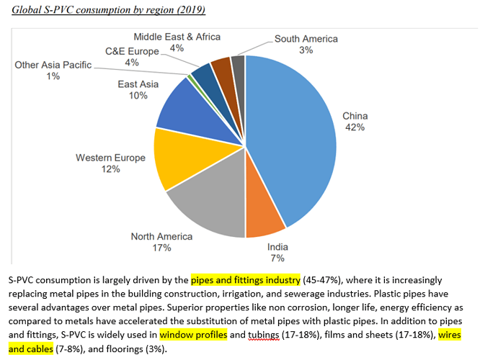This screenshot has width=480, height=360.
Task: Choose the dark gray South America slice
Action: point(238,67)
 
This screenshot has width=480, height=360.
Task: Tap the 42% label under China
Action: point(355,127)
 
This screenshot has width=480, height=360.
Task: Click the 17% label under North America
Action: point(161,248)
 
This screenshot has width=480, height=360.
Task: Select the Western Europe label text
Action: point(110,158)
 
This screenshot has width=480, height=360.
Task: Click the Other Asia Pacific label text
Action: point(53,65)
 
